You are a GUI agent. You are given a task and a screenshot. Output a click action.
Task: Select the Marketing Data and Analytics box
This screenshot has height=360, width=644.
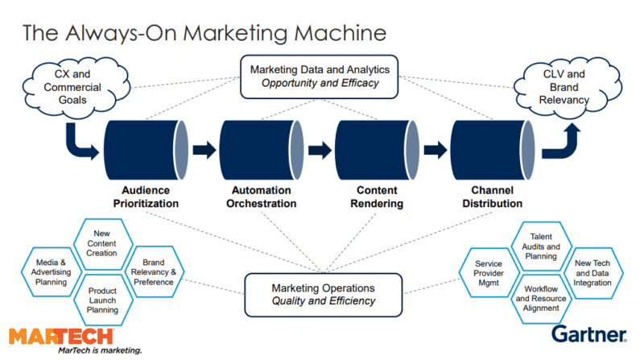(321, 77)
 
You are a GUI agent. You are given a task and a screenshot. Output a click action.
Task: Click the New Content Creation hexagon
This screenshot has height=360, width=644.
(101, 242)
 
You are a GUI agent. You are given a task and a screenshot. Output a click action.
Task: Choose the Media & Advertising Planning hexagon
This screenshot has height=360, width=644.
(52, 271)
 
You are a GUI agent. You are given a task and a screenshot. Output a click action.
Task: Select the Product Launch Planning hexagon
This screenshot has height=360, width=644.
(101, 298)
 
